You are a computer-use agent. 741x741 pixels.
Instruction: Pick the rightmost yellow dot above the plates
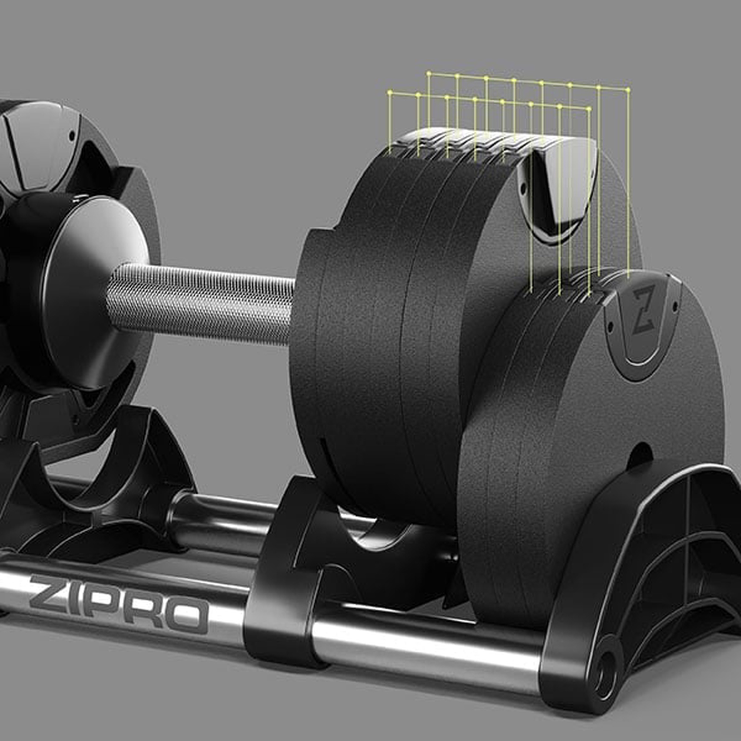point(628,90)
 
